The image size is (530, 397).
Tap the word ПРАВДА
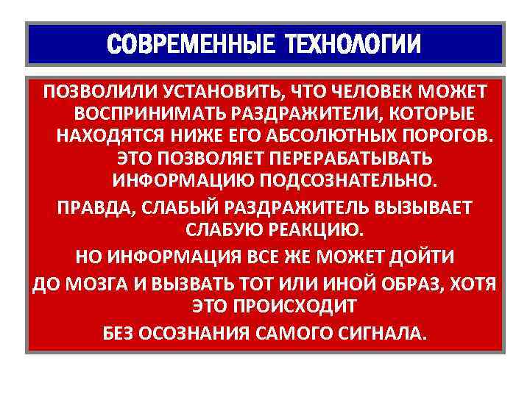(x=88, y=207)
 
